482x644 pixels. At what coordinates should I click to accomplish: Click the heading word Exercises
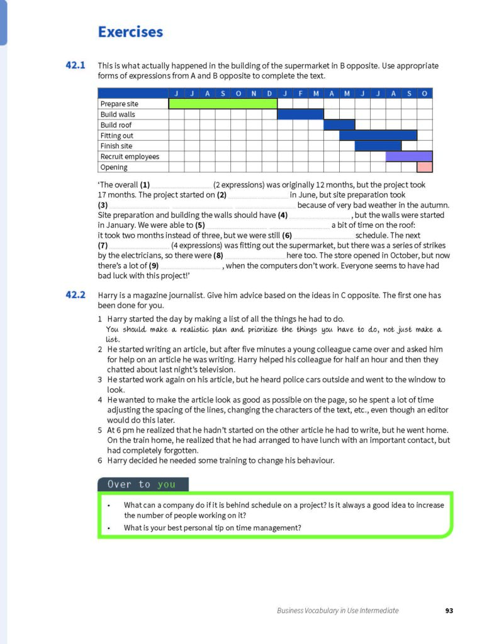tap(130, 32)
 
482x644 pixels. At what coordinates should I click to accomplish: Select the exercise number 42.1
tap(75, 65)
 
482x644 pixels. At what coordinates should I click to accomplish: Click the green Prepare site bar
tap(223, 104)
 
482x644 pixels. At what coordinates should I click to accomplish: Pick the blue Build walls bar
tap(300, 114)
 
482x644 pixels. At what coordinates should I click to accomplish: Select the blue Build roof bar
tap(339, 125)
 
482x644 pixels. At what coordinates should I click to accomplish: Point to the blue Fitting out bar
tap(378, 135)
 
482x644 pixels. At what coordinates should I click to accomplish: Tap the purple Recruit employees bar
tap(409, 157)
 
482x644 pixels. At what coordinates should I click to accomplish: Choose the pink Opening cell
tap(425, 167)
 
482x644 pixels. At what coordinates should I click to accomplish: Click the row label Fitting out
tap(117, 135)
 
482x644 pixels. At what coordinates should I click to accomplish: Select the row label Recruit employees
tap(130, 157)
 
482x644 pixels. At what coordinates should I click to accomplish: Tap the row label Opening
tap(114, 167)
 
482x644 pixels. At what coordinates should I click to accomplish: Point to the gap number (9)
tap(154, 266)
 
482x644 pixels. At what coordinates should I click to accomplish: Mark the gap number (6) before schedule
tap(288, 235)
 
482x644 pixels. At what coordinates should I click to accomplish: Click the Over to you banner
tap(143, 484)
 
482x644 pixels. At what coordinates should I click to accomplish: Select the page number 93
tap(449, 610)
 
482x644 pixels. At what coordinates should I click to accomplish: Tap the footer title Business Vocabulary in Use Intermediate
tap(338, 610)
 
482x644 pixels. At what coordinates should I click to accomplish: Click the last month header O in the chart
tap(425, 94)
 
